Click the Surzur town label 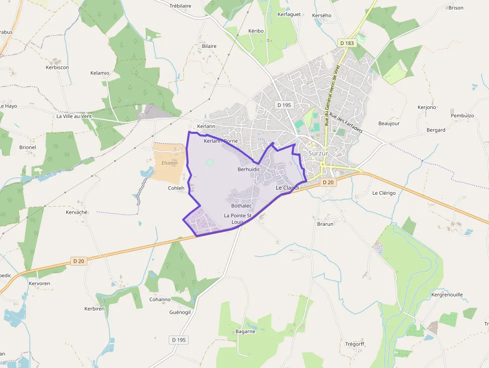click(318, 153)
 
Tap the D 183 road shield click(346, 43)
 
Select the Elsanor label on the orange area click(170, 163)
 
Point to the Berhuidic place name click(249, 170)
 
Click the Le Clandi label click(287, 188)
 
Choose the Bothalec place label click(242, 206)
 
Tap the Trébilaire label click(180, 6)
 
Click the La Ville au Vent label click(74, 116)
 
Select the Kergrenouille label click(447, 295)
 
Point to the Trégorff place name click(355, 344)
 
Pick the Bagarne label click(245, 331)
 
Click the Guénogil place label click(180, 312)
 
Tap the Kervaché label click(77, 212)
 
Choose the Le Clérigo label click(384, 193)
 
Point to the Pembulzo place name click(462, 115)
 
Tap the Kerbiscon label click(57, 67)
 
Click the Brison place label click(456, 7)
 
